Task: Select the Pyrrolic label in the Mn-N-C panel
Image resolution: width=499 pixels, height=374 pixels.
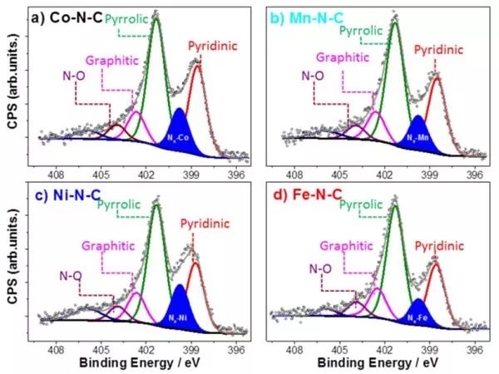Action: point(363,32)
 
